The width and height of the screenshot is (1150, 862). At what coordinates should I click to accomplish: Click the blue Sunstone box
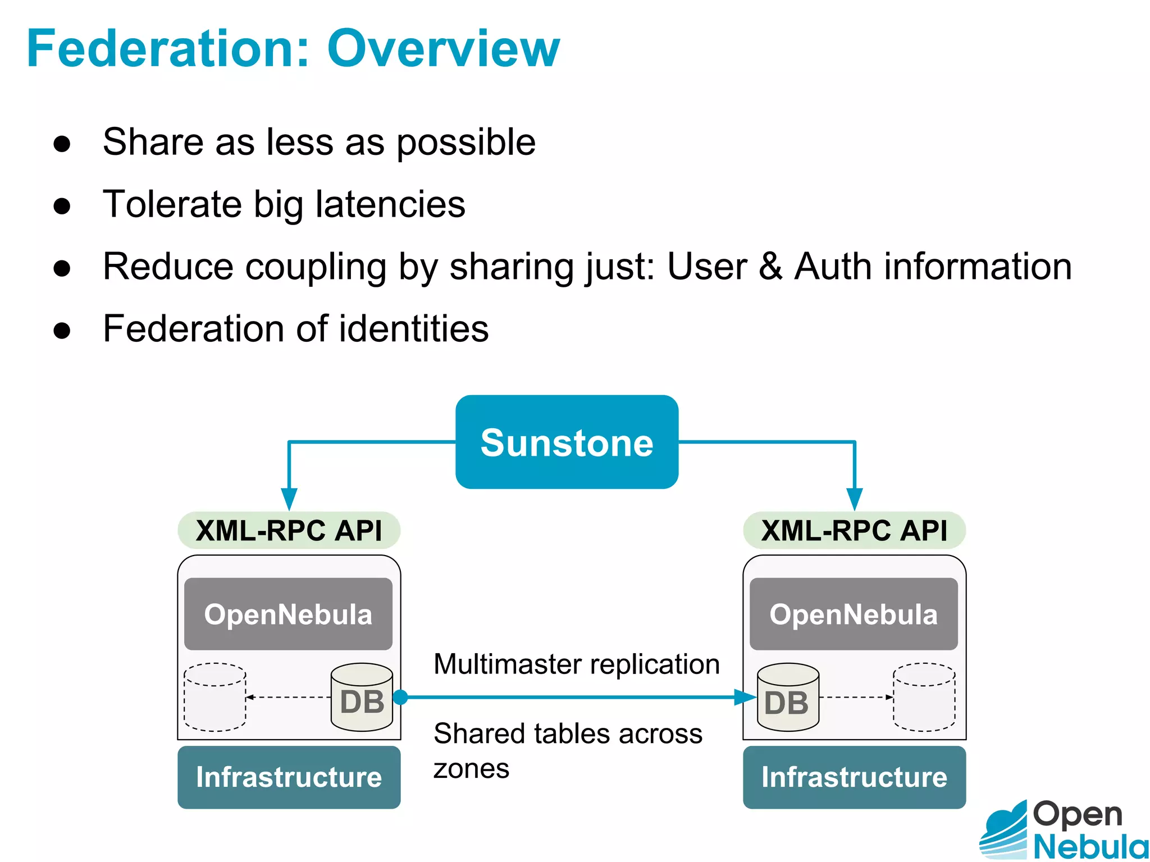(x=567, y=442)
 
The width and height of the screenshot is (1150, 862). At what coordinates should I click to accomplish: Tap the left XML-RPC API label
(x=289, y=530)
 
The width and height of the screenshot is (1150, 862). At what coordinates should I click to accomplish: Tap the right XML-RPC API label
(x=854, y=530)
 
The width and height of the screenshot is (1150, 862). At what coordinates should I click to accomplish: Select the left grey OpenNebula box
(x=288, y=614)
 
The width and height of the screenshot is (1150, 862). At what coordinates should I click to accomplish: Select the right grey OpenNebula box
(x=854, y=614)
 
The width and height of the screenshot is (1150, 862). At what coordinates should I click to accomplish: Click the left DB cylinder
(x=362, y=698)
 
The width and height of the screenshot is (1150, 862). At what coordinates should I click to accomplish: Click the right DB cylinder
(x=788, y=698)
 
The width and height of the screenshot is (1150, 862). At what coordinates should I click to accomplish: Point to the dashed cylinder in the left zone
(x=215, y=698)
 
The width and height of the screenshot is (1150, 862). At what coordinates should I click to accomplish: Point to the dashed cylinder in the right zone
(x=924, y=698)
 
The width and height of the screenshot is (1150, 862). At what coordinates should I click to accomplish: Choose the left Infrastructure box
(x=289, y=777)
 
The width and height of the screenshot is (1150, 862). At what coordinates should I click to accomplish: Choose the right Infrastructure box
(x=854, y=777)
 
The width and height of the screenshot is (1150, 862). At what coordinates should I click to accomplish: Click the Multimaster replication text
(x=577, y=664)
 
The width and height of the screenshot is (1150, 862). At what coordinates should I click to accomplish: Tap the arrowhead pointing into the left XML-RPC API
(x=289, y=498)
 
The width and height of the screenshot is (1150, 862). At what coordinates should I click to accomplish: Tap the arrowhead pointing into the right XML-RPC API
(x=854, y=498)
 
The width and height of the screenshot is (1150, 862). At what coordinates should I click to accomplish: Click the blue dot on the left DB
(x=400, y=697)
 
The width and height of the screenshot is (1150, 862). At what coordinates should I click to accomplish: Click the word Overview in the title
(x=444, y=49)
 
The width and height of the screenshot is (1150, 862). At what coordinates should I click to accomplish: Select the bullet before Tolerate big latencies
(x=62, y=205)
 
